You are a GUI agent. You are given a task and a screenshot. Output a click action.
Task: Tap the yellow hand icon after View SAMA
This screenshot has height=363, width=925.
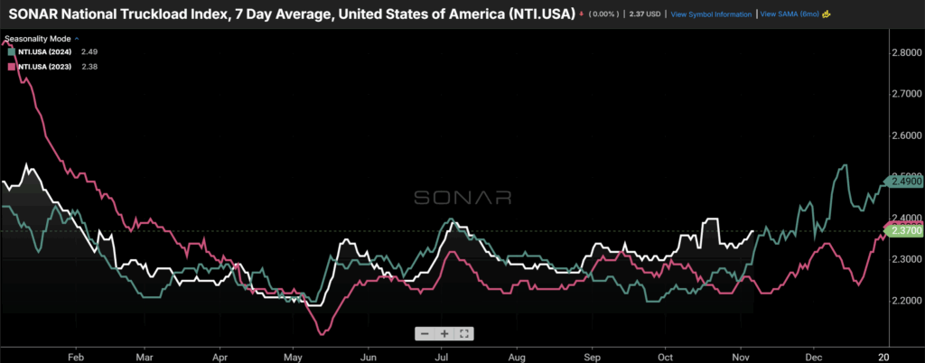click(x=827, y=14)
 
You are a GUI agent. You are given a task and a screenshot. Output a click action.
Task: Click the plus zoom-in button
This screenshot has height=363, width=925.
click(x=444, y=333)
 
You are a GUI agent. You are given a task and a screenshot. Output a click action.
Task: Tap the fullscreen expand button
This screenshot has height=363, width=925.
click(x=463, y=333)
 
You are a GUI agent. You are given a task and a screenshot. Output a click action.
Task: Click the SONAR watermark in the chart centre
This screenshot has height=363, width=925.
click(x=462, y=198)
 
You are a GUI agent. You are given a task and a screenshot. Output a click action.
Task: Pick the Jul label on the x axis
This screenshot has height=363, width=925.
click(x=442, y=356)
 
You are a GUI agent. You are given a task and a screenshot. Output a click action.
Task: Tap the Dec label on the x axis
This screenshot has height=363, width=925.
click(x=813, y=356)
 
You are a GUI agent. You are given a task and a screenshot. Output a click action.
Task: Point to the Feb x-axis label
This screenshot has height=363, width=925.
click(x=75, y=356)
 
